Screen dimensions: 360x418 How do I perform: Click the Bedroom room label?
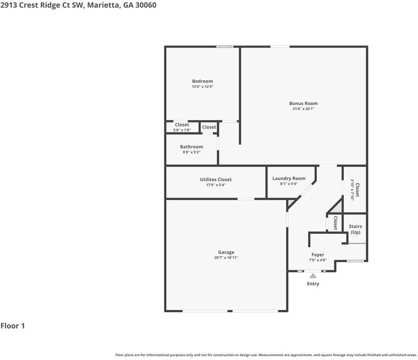(202, 81)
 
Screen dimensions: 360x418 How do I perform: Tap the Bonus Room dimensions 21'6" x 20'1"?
(303, 109)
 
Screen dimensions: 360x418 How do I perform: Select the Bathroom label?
(191, 147)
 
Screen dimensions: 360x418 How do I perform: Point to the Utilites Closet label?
(216, 179)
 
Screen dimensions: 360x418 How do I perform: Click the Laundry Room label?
(289, 178)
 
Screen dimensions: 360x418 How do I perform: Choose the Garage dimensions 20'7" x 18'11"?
(226, 258)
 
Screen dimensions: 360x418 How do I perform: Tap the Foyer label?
(318, 255)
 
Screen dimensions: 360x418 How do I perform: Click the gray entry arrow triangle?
(313, 276)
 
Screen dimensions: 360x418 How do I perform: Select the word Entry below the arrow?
(313, 284)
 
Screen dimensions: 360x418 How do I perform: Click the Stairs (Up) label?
(355, 229)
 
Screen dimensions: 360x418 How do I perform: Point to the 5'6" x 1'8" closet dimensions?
(182, 130)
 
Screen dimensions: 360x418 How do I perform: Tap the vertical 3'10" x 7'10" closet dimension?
(352, 190)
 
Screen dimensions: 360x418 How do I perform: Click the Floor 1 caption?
(13, 326)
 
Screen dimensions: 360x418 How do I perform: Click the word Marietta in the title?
(102, 5)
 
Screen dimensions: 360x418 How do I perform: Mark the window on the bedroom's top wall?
(224, 47)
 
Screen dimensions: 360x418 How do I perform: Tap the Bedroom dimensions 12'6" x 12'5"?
(202, 87)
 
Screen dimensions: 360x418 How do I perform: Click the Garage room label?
(226, 252)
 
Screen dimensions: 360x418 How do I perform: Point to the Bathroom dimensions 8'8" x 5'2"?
(191, 152)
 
